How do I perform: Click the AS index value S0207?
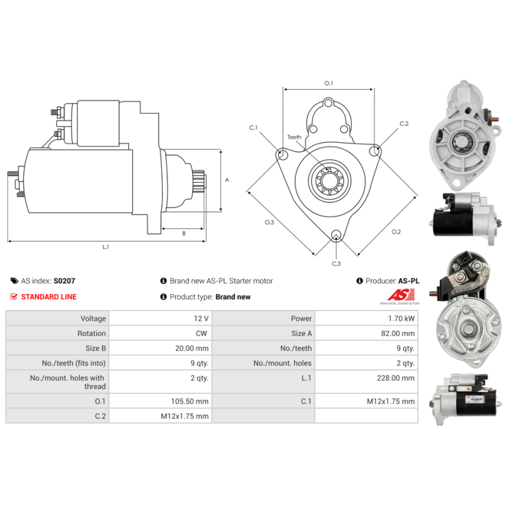(65, 281)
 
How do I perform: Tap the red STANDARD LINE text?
(49, 297)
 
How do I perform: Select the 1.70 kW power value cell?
(367, 319)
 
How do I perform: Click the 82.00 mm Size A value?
(398, 333)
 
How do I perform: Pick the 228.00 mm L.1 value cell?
(367, 382)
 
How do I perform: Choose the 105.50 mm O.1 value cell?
(161, 401)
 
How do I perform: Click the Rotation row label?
(91, 333)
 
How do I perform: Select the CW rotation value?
(201, 333)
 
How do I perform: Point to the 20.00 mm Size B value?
(192, 349)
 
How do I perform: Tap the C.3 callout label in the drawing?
(336, 264)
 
